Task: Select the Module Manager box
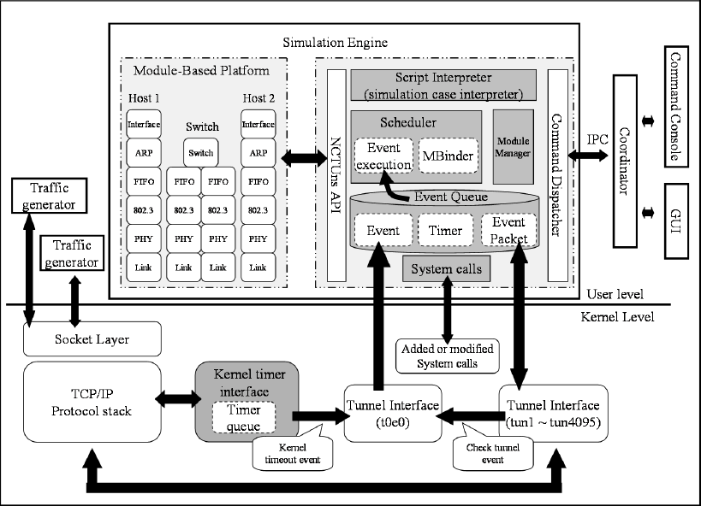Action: (514, 146)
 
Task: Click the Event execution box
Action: (383, 155)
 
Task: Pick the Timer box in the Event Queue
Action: (445, 231)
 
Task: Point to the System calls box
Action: (445, 269)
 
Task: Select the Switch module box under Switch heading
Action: (200, 153)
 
